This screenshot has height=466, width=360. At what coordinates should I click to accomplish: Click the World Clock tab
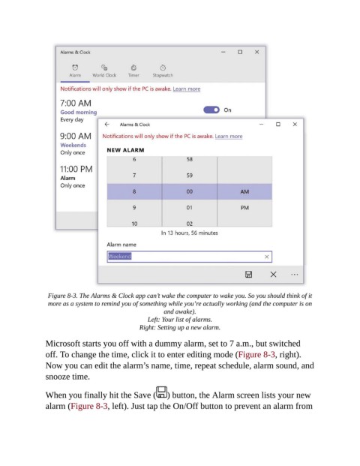104,71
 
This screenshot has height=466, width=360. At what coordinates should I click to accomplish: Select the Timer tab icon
133,68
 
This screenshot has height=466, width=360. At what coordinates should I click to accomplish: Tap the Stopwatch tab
163,71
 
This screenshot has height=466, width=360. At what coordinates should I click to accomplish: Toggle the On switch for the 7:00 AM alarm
211,110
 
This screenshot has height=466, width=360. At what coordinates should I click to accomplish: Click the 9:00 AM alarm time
76,136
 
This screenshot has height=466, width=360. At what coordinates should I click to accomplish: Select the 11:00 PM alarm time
76,169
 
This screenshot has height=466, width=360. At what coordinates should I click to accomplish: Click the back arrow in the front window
107,125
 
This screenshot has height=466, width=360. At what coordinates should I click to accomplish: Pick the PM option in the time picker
244,208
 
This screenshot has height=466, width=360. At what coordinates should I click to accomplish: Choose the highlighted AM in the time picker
244,191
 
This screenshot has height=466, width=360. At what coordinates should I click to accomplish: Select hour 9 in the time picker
134,207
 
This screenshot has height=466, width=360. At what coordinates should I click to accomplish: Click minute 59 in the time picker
190,176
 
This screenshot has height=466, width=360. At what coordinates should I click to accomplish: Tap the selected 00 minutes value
190,191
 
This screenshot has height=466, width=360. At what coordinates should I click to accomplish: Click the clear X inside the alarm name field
267,257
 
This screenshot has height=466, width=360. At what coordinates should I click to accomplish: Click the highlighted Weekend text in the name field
120,256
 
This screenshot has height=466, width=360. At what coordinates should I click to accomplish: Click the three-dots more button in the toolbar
294,275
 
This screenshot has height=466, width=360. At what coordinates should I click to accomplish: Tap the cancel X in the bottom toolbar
273,275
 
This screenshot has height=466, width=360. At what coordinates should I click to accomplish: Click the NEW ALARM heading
126,150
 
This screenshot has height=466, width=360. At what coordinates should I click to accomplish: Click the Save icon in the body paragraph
162,392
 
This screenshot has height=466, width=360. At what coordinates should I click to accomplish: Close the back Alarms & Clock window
257,52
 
